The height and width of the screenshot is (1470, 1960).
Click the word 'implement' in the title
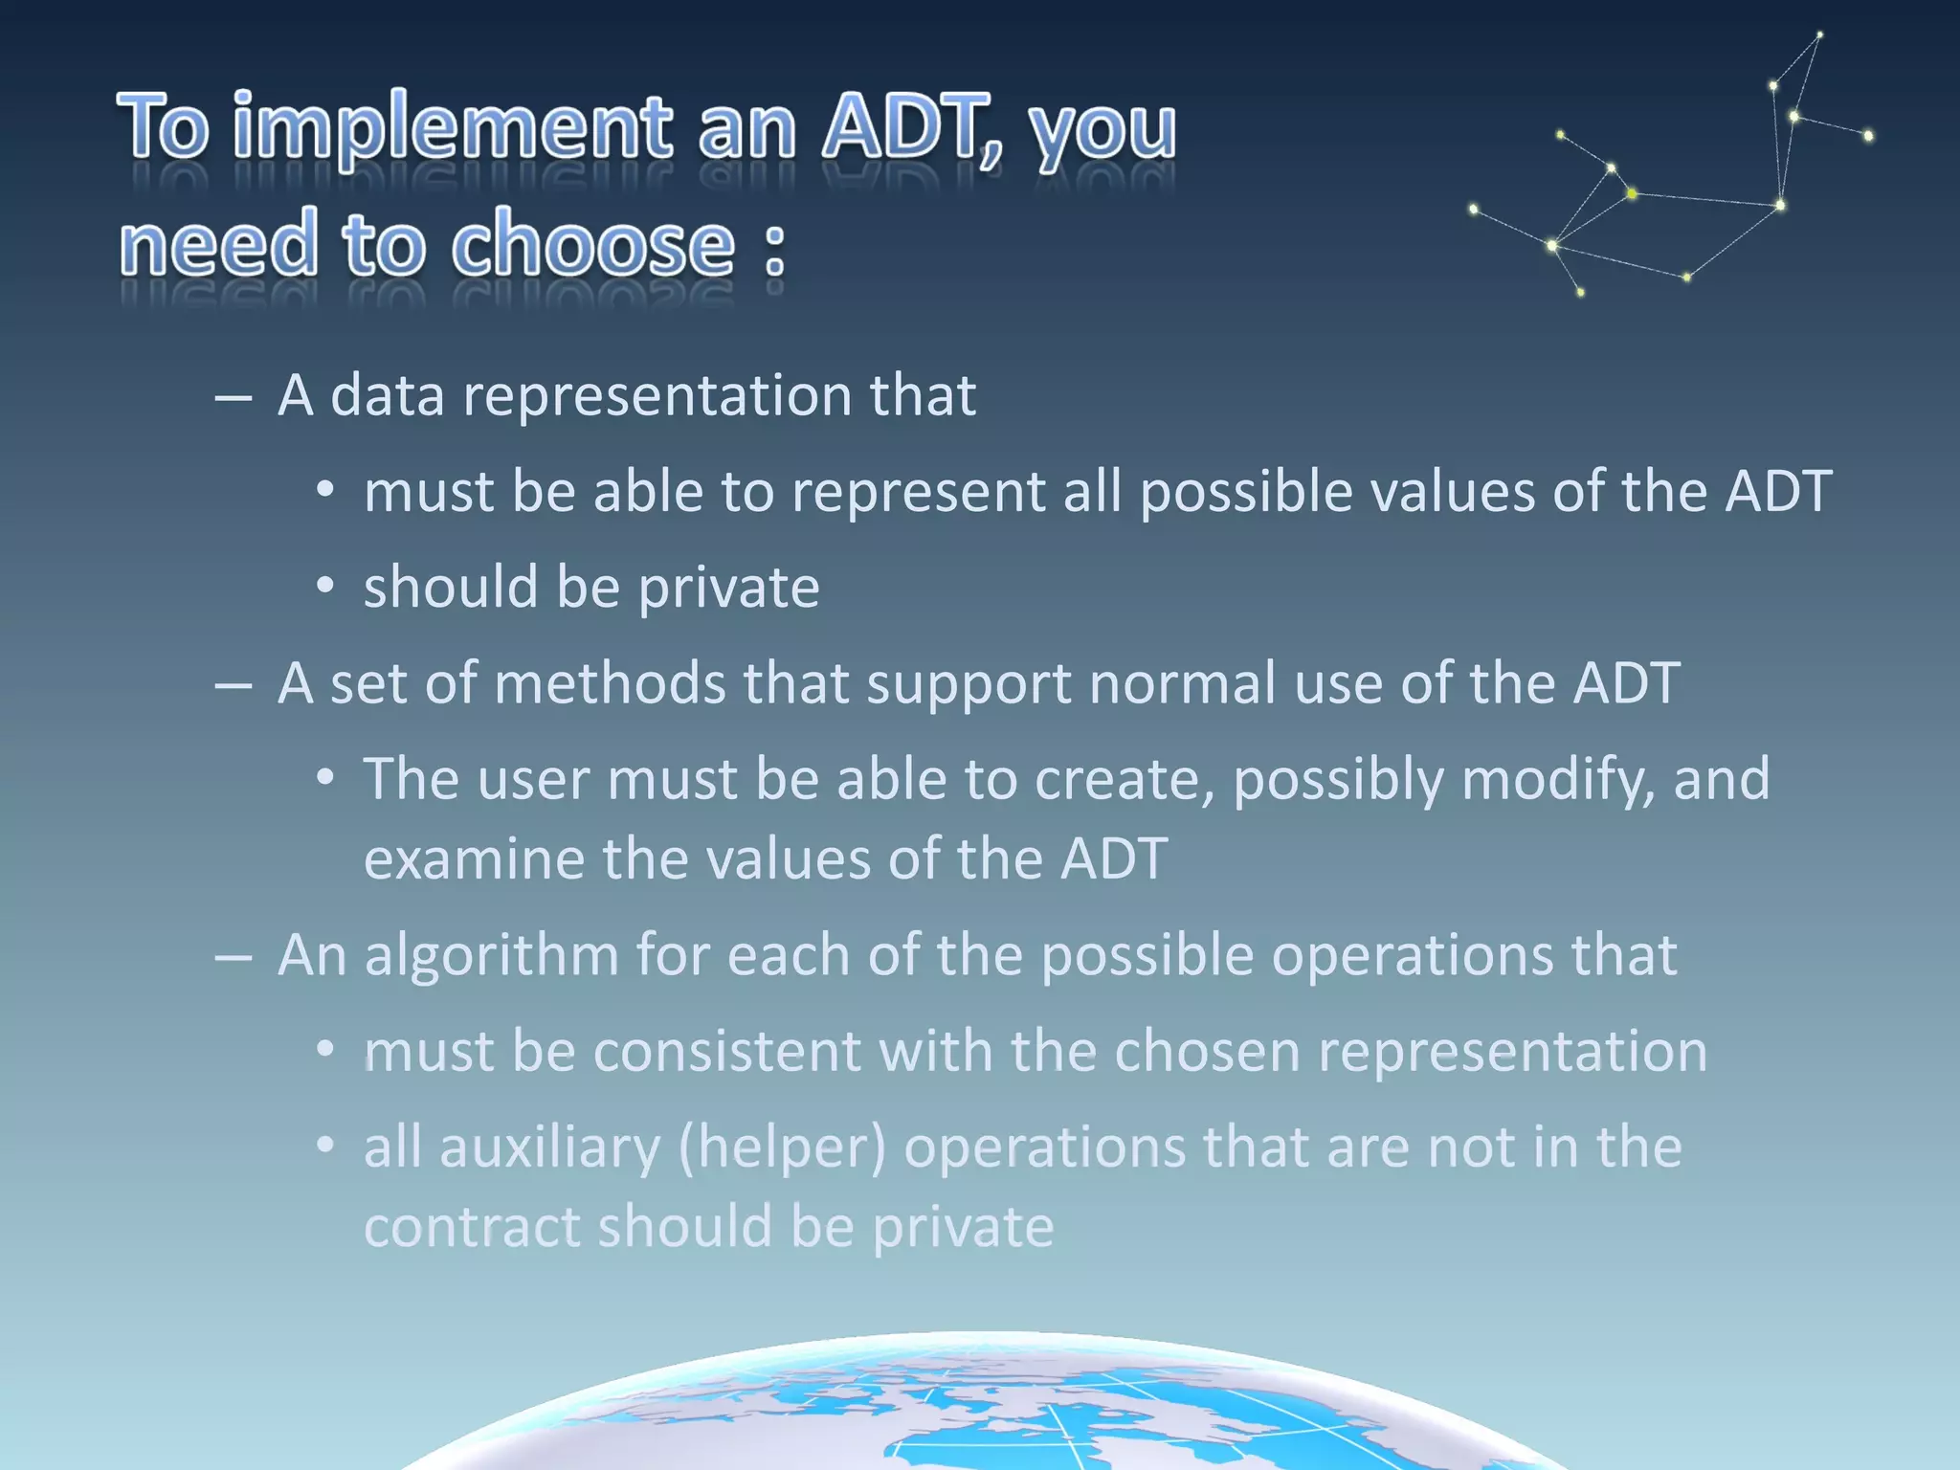point(452,129)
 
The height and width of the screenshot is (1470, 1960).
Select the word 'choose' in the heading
point(592,247)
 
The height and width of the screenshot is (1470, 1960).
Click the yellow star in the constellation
point(1632,194)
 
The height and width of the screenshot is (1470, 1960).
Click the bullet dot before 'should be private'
point(325,586)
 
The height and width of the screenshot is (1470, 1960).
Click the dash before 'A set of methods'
point(234,685)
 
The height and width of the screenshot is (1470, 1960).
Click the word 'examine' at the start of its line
point(474,858)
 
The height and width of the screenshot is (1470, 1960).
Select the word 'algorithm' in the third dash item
point(491,955)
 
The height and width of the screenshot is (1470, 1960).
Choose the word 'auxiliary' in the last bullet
point(549,1147)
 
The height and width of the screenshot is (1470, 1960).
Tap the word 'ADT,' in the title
point(913,129)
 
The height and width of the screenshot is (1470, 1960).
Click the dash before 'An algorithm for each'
point(234,957)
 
